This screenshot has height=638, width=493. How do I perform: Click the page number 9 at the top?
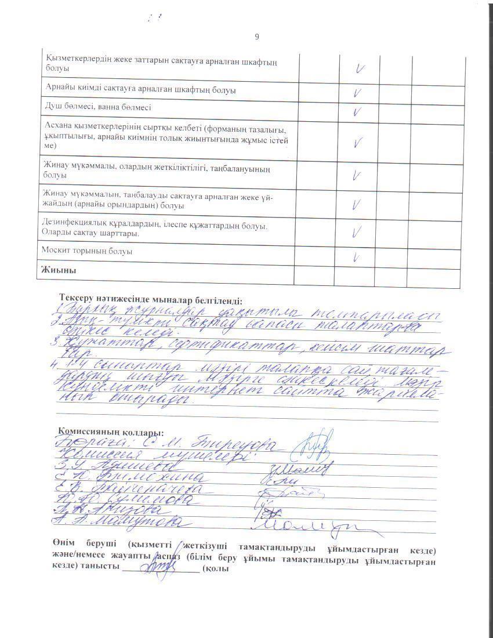[257, 37]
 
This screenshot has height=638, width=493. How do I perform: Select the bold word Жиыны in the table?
[59, 270]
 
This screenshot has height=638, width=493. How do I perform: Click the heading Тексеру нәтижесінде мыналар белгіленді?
[150, 300]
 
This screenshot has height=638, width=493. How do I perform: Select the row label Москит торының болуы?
[87, 252]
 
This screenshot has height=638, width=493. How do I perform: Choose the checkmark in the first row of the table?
[359, 69]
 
